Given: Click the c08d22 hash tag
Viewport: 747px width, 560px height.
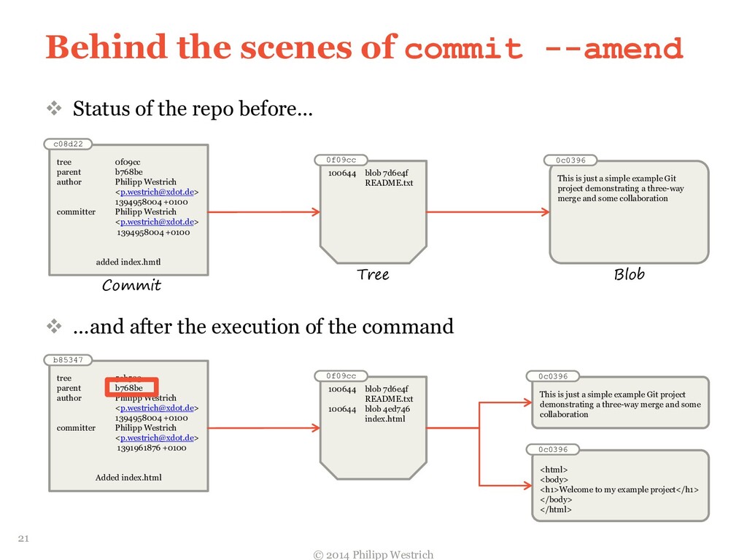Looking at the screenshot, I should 68,144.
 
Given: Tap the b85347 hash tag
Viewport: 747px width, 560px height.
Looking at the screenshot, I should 68,359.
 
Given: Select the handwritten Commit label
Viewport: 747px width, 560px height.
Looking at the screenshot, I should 131,285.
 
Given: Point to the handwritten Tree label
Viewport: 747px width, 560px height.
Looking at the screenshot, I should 373,275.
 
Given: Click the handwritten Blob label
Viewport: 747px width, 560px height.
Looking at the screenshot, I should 629,275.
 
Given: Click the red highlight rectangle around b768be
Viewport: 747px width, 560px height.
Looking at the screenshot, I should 132,388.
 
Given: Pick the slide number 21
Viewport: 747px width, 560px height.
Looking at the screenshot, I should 23,539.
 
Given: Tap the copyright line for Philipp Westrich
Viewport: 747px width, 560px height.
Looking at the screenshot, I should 373,554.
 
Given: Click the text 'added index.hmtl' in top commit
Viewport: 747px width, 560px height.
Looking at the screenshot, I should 128,262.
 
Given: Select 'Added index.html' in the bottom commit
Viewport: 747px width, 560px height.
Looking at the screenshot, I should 128,478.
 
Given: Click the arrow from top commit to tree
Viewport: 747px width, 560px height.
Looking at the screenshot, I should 263,212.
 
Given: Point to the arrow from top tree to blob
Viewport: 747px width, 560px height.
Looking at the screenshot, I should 487,212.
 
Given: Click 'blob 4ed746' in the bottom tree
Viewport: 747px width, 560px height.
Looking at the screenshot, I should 387,409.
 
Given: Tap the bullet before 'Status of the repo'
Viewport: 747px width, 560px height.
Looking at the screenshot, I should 55,109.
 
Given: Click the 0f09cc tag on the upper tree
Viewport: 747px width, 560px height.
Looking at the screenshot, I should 341,160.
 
